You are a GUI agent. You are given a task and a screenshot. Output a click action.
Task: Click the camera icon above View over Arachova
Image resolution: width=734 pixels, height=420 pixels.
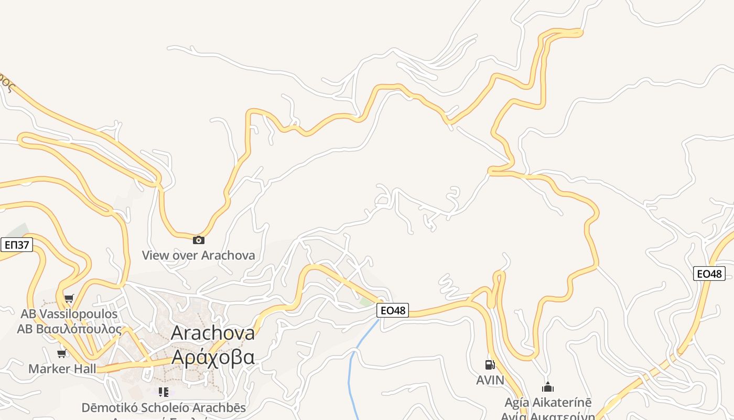tap(199, 240)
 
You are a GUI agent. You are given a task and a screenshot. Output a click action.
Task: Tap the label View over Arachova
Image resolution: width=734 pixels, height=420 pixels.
tap(199, 256)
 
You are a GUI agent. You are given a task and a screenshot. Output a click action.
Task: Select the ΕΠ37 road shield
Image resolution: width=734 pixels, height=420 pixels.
tap(16, 245)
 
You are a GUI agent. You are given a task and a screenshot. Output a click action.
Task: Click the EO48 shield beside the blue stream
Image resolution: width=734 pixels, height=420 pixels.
tap(392, 310)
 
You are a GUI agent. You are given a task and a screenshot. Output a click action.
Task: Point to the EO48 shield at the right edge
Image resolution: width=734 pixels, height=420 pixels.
tap(709, 274)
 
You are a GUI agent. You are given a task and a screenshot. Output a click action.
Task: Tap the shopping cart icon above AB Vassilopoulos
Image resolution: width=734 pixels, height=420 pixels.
tap(69, 299)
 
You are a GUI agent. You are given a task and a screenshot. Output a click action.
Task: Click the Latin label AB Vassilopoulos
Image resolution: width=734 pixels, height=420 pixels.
tap(69, 314)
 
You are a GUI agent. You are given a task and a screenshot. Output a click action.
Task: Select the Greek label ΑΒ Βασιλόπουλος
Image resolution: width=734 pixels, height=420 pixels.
tap(69, 329)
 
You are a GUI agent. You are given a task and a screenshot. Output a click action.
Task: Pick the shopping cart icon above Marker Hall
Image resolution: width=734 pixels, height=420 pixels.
tap(62, 353)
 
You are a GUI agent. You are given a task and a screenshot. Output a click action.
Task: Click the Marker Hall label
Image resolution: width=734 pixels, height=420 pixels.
tap(62, 369)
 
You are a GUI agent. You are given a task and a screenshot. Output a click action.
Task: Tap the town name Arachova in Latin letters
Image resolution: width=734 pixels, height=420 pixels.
tap(213, 333)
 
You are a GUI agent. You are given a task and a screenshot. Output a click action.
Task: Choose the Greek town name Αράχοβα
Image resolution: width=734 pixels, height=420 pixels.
tap(213, 357)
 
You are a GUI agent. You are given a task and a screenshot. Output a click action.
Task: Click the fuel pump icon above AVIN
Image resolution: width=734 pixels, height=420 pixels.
tap(490, 364)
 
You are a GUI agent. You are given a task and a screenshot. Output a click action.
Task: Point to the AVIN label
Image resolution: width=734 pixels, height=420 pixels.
tap(490, 380)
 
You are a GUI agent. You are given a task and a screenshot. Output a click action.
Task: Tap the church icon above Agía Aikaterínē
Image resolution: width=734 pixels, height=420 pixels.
tap(548, 387)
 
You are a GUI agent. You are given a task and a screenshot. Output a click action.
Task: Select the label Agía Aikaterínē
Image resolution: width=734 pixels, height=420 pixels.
tap(548, 403)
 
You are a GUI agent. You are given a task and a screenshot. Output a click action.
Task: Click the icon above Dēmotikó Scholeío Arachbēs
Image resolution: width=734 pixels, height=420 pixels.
tap(164, 392)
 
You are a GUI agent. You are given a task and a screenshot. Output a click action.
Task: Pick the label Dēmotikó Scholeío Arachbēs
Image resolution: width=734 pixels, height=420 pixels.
tap(164, 407)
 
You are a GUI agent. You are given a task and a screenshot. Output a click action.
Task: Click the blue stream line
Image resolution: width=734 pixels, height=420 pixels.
tap(350, 378)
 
